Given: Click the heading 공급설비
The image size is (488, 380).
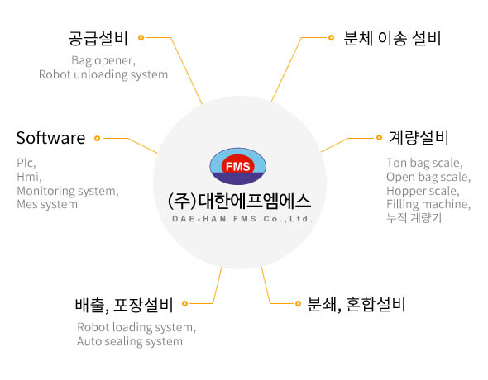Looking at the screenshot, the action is click(98, 39).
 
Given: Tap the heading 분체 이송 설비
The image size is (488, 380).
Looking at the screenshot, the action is click(392, 39).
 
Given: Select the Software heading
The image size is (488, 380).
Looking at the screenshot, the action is click(50, 138).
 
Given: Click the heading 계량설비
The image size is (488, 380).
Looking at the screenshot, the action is click(419, 138).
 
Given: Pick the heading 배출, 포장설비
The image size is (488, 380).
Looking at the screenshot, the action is click(124, 305).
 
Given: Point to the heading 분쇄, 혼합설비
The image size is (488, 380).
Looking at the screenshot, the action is click(356, 305).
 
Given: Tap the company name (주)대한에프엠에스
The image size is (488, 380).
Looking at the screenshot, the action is click(239, 201).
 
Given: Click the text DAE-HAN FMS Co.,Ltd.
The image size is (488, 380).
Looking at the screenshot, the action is click(242, 219).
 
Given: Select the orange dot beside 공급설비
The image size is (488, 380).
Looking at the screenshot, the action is click(141, 38).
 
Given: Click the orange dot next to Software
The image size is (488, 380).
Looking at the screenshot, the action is click(97, 138).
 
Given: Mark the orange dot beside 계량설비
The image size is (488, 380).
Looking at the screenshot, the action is click(379, 137).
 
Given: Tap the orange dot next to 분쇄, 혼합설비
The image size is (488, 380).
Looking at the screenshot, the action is click(298, 303).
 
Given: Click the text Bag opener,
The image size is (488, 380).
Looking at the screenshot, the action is click(103, 60).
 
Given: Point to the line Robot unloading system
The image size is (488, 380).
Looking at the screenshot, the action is click(103, 74).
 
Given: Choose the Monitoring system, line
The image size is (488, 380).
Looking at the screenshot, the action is click(68, 191).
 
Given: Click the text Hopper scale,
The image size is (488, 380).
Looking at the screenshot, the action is click(423, 191).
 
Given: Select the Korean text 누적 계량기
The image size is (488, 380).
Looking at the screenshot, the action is click(414, 218).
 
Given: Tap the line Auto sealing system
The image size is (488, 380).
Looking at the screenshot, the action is click(130, 341).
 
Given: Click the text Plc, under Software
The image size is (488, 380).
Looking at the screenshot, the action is click(26, 163).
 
